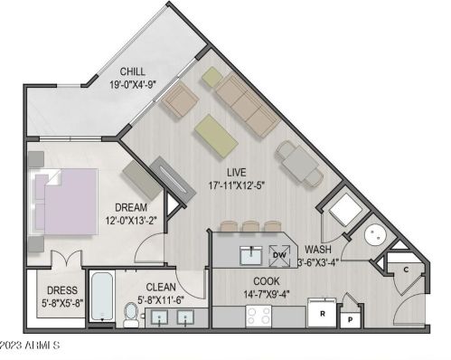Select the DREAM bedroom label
coord(131,206)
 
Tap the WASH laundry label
coord(320,250)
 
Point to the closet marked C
coord(407,270)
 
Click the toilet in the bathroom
coord(131,314)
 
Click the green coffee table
coord(215,134)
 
